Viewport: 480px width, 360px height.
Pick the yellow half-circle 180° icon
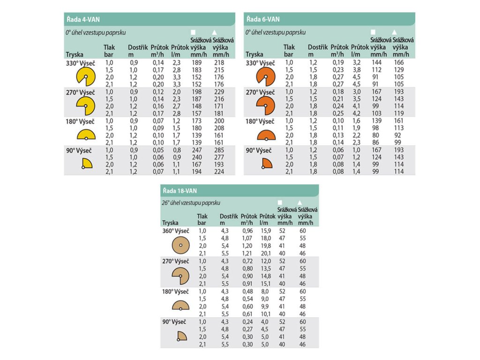tap(86, 135)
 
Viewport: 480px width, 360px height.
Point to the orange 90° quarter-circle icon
tap(266, 163)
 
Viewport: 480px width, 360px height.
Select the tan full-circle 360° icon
tap(180, 245)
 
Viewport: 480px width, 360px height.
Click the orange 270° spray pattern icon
tap(265, 106)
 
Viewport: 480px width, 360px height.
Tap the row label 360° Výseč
tap(175, 231)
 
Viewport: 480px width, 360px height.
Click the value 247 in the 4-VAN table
tap(196, 150)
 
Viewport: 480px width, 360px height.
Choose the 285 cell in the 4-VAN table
tap(218, 150)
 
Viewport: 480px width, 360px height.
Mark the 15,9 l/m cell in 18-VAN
tap(266, 231)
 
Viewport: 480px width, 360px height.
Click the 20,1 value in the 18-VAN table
tap(266, 253)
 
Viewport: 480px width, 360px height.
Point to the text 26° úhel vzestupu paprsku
tap(191, 203)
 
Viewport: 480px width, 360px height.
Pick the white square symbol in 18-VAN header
tap(280, 202)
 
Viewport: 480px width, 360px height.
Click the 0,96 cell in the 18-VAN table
tap(247, 231)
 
